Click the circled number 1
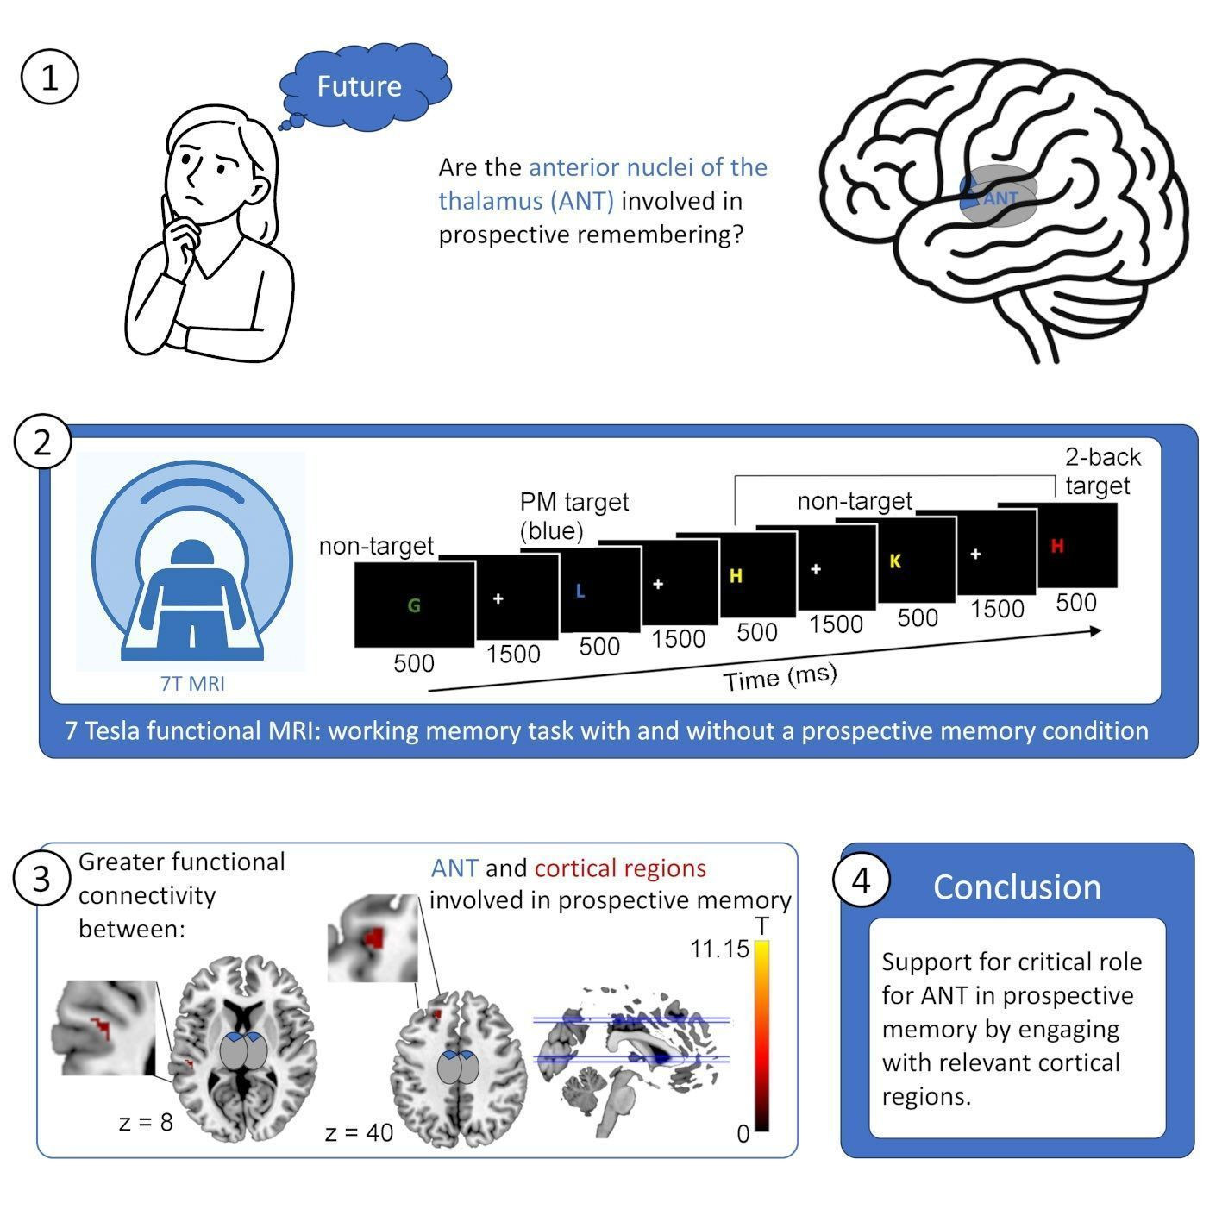coord(50,78)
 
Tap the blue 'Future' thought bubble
coord(366,86)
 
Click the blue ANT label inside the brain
coord(1000,198)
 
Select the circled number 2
coord(42,442)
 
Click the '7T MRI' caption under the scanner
coord(193,684)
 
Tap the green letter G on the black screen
coord(414,605)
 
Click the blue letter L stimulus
coord(580,591)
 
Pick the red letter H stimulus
coord(1057,545)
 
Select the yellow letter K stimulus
coord(895,561)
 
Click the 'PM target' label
coord(573,502)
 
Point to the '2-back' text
coord(1103,456)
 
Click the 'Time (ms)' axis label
coord(780,677)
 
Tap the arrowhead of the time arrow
coord(1095,630)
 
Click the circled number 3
coord(42,879)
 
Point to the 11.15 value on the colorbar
coord(720,949)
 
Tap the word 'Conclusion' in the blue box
coord(1017,887)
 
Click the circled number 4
coord(862,880)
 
